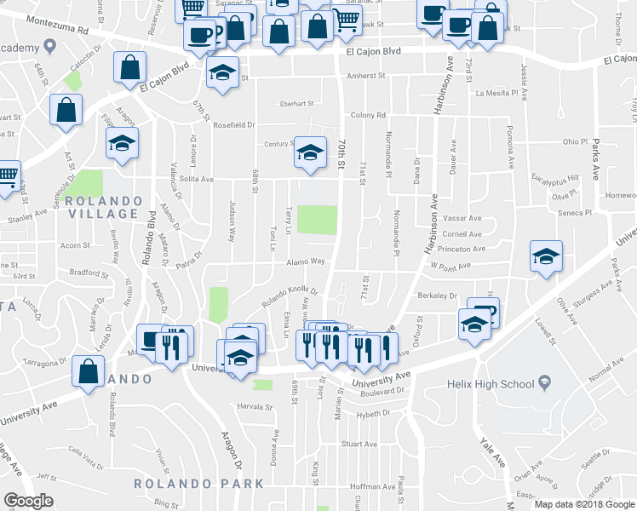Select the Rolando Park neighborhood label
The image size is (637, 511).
[x=198, y=484]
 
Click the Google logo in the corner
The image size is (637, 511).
[x=28, y=500]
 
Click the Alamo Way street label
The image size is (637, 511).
[x=306, y=262]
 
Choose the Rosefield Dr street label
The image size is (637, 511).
[x=234, y=125]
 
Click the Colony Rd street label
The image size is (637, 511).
[x=368, y=115]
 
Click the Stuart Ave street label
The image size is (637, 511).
[x=359, y=445]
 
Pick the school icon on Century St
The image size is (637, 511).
[x=310, y=152]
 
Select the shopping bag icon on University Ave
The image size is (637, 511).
[x=88, y=371]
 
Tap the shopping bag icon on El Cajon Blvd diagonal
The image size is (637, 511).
[x=130, y=66]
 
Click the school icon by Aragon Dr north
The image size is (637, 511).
[x=122, y=143]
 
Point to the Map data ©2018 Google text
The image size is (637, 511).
[x=584, y=504]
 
